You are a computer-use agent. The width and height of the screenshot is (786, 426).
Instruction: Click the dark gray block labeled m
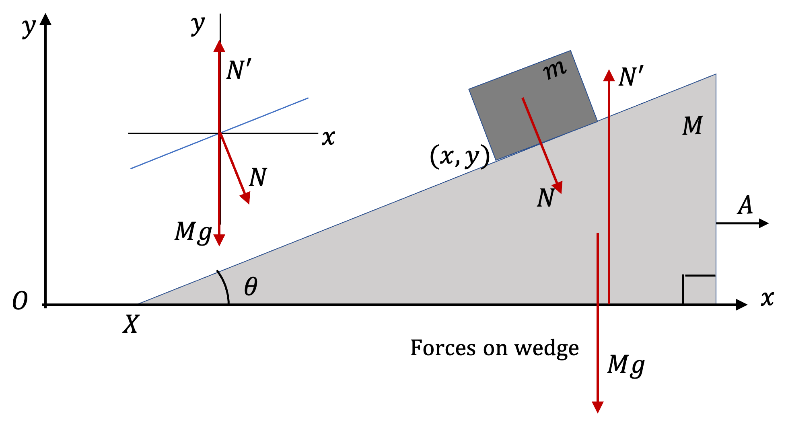pyautogui.click(x=533, y=105)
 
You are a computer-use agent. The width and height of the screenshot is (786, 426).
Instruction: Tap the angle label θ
pyautogui.click(x=251, y=287)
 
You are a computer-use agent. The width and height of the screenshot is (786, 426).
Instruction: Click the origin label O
pyautogui.click(x=20, y=301)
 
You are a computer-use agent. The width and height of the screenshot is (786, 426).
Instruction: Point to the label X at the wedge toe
pyautogui.click(x=131, y=324)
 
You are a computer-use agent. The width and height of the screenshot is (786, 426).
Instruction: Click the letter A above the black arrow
pyautogui.click(x=745, y=205)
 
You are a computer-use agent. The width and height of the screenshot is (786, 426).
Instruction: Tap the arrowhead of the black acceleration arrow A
pyautogui.click(x=763, y=223)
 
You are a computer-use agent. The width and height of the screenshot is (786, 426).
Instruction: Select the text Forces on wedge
pyautogui.click(x=494, y=348)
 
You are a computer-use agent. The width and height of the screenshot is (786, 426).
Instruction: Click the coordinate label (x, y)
pyautogui.click(x=460, y=156)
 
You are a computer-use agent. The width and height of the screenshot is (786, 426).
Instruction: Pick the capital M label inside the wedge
pyautogui.click(x=693, y=125)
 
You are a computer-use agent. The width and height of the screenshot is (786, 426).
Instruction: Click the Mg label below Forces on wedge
pyautogui.click(x=626, y=366)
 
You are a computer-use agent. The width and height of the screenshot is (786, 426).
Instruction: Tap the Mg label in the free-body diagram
pyautogui.click(x=193, y=232)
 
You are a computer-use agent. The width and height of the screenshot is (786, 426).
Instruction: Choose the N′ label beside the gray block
pyautogui.click(x=631, y=77)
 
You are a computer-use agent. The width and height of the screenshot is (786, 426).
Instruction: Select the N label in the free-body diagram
pyautogui.click(x=258, y=177)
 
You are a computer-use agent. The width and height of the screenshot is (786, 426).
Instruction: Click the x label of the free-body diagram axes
pyautogui.click(x=329, y=138)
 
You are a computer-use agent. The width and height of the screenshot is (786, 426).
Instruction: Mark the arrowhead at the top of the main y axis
pyautogui.click(x=46, y=19)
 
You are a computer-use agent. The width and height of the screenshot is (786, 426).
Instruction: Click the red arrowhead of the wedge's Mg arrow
pyautogui.click(x=598, y=407)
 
